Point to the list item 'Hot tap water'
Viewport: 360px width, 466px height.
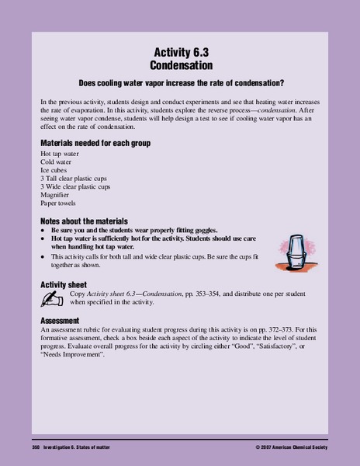pos(59,155)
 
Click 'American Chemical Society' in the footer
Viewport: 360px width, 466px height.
pos(305,450)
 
